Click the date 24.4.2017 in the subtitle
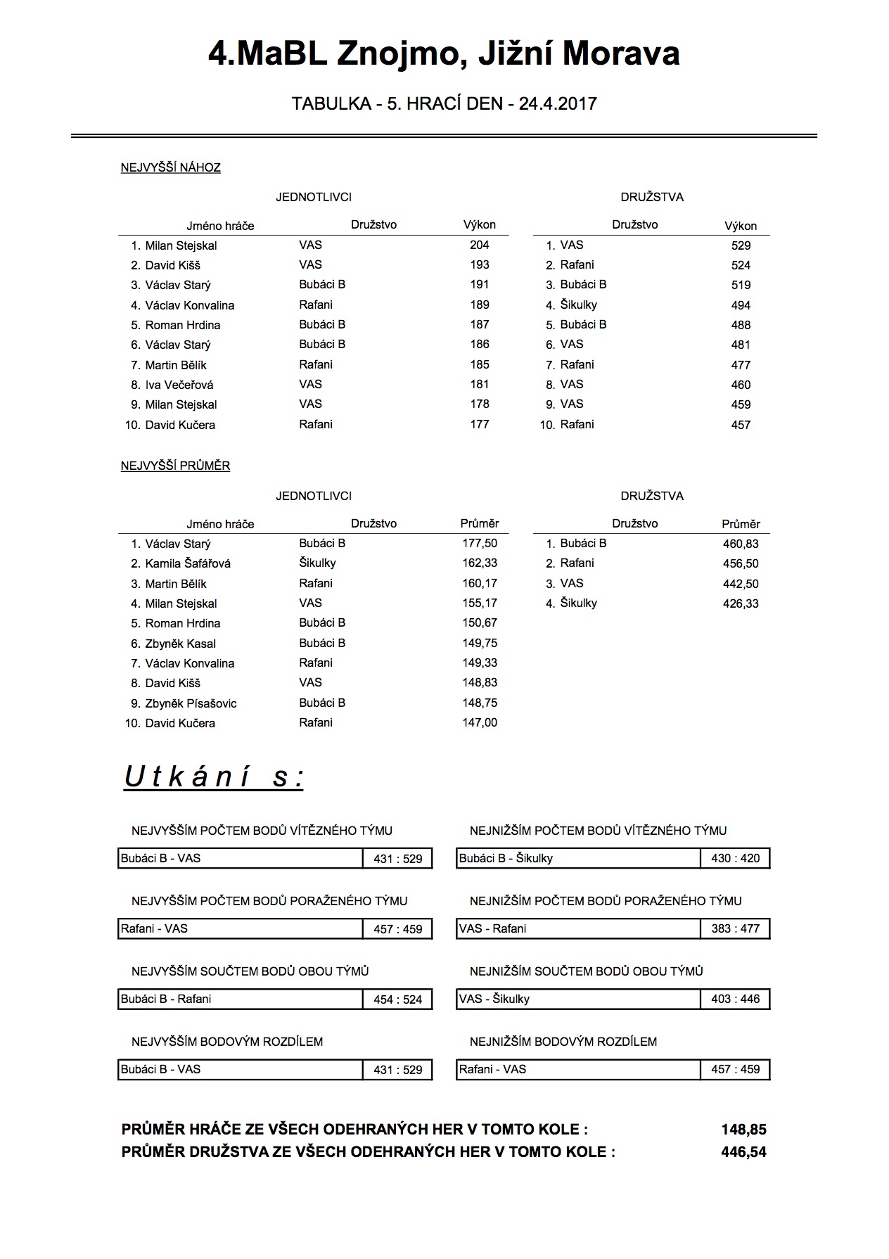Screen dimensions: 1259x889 [558, 104]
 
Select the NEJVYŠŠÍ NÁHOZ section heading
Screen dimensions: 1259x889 [171, 167]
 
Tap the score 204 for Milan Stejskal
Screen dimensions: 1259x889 [480, 245]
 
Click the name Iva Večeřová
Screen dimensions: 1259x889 [179, 385]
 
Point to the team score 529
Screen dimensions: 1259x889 [741, 245]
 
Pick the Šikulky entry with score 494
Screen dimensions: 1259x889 [578, 305]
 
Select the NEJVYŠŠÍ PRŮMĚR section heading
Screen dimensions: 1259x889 [176, 466]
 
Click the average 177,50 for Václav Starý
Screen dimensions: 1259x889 [480, 543]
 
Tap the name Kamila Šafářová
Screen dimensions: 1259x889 [188, 563]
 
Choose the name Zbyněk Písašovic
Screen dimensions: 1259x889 [191, 703]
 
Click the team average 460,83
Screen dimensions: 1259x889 [741, 544]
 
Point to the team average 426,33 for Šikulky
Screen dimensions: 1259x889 [741, 603]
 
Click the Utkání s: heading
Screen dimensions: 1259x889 [214, 777]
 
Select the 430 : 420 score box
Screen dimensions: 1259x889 [735, 858]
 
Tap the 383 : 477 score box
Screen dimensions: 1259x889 [735, 928]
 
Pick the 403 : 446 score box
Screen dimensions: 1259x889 [735, 999]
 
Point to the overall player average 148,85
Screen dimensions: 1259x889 [743, 1130]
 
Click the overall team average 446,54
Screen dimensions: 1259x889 [743, 1152]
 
